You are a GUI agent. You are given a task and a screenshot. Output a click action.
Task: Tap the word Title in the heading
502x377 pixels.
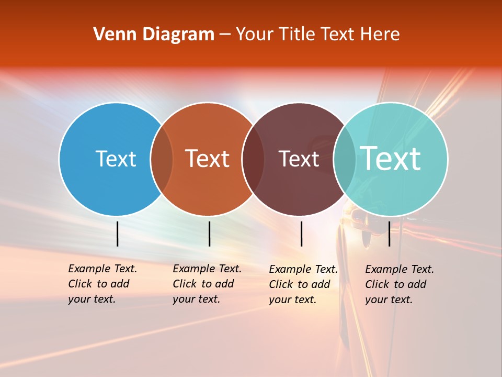(x=296, y=35)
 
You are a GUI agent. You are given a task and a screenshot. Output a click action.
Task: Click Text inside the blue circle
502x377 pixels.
(x=116, y=159)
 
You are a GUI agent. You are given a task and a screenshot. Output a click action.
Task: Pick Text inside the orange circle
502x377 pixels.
(x=208, y=159)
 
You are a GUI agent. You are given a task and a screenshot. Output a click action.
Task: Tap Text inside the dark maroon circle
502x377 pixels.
(x=299, y=159)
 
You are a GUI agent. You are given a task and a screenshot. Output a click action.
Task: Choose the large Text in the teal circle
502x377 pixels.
(x=391, y=159)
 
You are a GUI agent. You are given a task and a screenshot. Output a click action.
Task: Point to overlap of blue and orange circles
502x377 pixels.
(x=162, y=159)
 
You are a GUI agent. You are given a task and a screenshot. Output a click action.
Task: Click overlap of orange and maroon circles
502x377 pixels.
(x=253, y=159)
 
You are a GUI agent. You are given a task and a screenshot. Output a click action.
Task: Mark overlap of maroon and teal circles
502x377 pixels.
(x=345, y=159)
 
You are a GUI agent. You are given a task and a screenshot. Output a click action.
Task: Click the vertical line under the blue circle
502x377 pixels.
(x=117, y=234)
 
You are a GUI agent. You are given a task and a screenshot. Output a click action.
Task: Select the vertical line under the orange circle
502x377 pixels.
(x=209, y=234)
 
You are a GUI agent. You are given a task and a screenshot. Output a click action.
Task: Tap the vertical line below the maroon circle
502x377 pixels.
(x=301, y=234)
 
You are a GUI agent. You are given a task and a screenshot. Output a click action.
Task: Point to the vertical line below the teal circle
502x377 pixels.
(x=389, y=234)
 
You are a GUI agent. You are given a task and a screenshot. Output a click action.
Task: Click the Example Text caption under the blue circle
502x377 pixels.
(x=102, y=284)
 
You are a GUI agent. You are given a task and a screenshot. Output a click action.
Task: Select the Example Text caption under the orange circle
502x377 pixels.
(x=207, y=284)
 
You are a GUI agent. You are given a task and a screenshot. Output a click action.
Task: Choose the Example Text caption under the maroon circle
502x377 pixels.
(x=303, y=284)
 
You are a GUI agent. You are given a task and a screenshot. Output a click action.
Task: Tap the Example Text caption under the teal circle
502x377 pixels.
(x=399, y=284)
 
